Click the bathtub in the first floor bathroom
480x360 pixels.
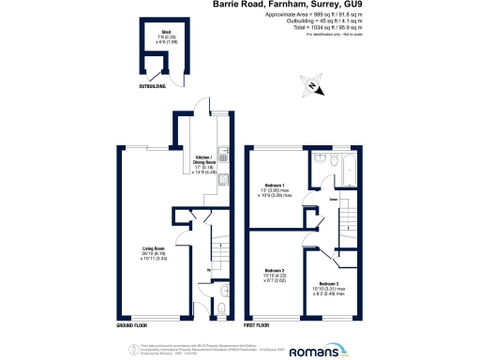[x=351, y=171]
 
